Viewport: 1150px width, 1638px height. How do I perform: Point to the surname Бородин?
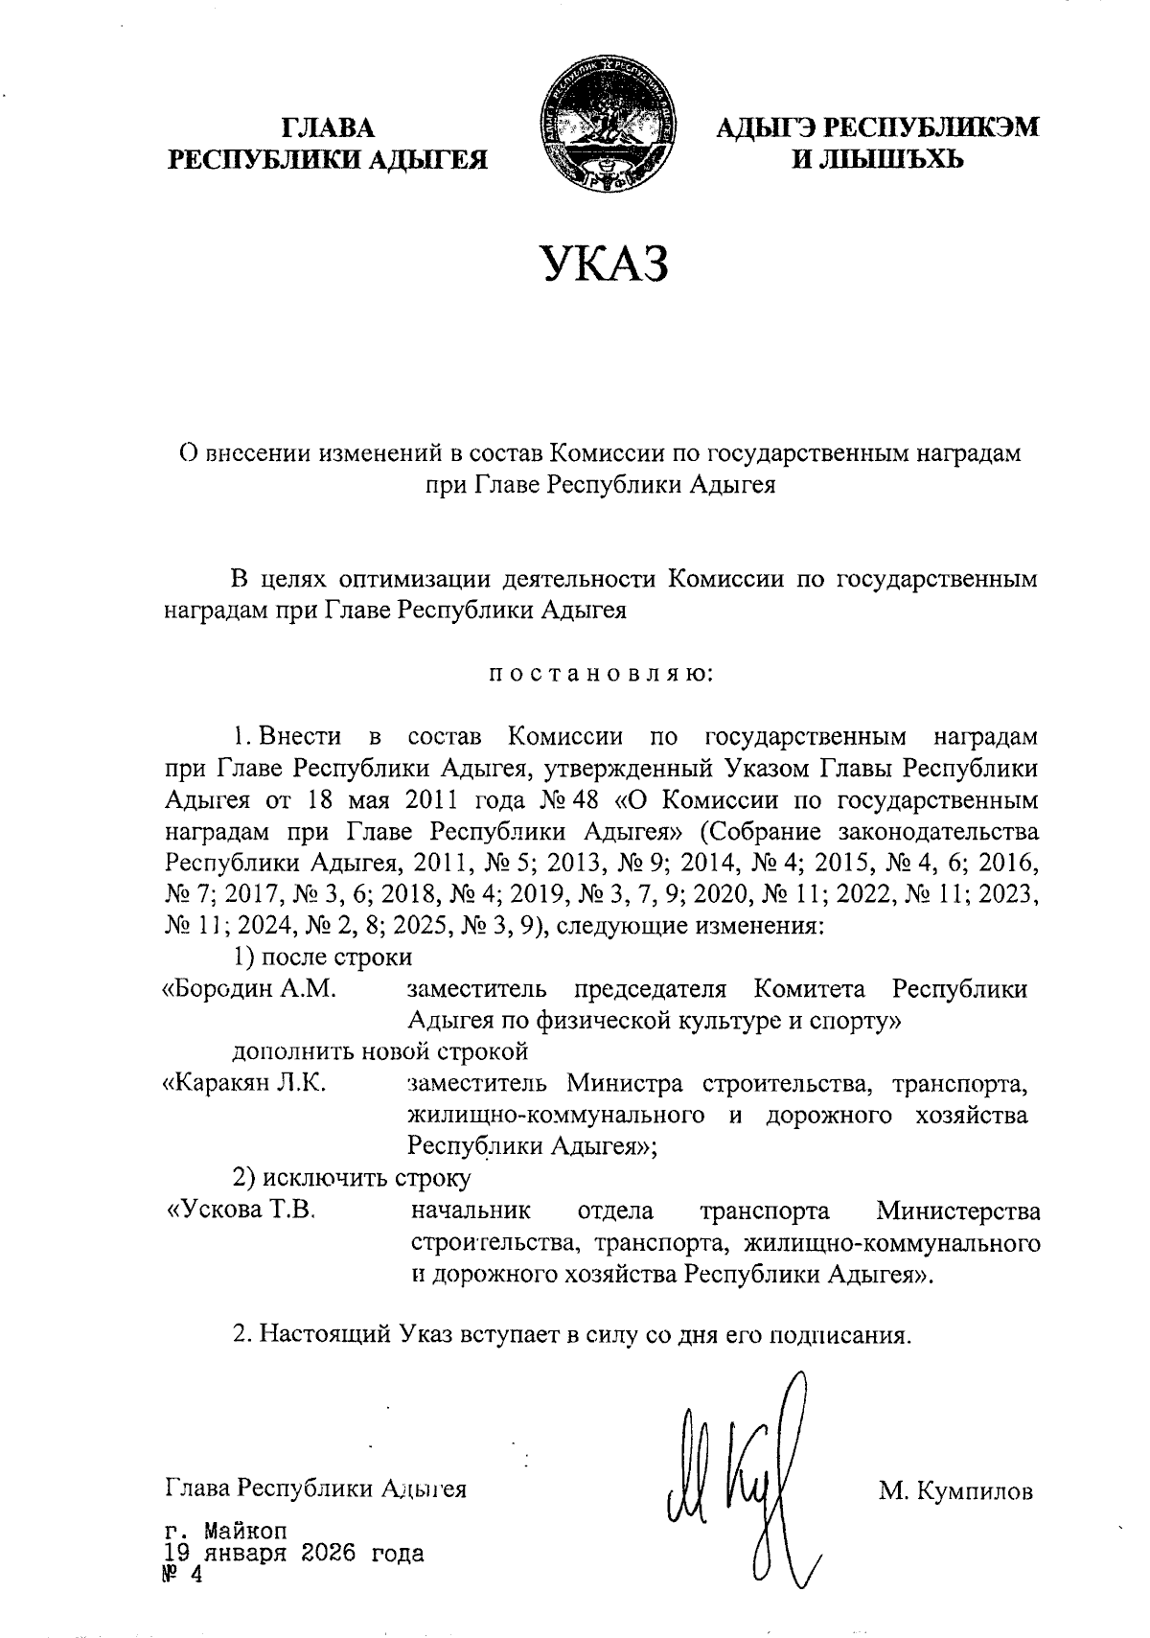pos(230,988)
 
